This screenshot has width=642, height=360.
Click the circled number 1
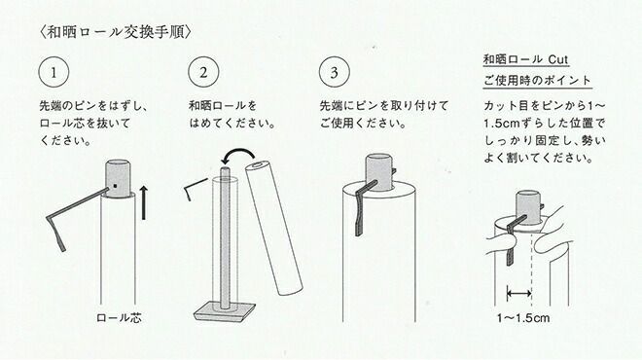53,72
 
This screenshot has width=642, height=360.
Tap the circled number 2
203,72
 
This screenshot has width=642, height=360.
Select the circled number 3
335,72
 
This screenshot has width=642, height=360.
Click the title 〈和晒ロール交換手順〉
116,32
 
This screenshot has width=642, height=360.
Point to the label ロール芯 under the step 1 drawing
119,318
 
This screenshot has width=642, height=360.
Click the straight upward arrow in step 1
143,202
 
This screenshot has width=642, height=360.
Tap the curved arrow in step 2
238,155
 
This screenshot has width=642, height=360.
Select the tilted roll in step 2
274,228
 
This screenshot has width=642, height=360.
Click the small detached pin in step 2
196,187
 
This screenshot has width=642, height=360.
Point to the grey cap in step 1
119,178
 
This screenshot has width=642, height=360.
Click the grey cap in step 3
379,172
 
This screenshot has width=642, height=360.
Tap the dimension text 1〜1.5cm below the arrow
523,318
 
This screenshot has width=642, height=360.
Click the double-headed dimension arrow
519,293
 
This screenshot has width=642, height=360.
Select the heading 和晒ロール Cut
526,59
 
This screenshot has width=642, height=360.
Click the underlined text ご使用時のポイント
537,81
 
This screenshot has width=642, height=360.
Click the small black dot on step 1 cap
116,186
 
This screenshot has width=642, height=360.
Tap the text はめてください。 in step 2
232,123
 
